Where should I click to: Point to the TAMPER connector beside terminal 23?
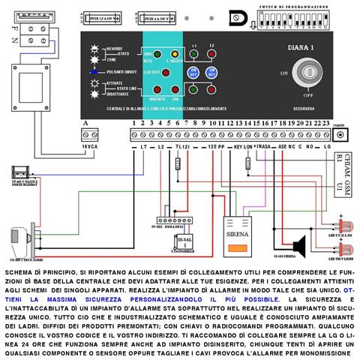pyautogui.click(x=340, y=134)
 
